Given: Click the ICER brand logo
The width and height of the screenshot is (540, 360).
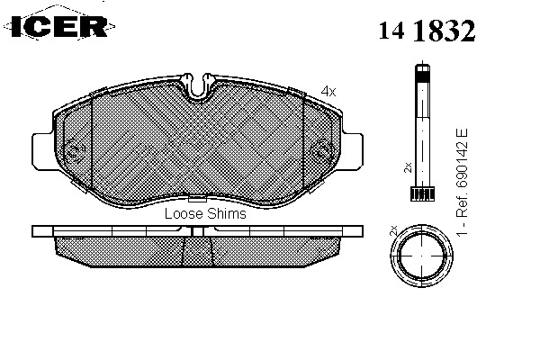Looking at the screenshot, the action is pos(58,26).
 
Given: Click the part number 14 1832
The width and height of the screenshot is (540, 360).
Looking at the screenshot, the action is pos(427,31).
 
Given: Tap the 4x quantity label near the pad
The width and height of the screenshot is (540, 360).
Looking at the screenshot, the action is pos(328,91).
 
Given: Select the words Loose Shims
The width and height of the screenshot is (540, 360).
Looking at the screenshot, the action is pos(205,213).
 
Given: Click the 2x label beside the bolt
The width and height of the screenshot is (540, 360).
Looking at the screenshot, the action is pos(408,167).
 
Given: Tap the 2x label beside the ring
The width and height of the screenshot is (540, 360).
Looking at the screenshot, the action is pos(393,230).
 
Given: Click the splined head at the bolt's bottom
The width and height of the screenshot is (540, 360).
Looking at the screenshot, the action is pos(422,193).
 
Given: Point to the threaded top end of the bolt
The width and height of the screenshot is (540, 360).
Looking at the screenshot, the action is pos(423,73).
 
